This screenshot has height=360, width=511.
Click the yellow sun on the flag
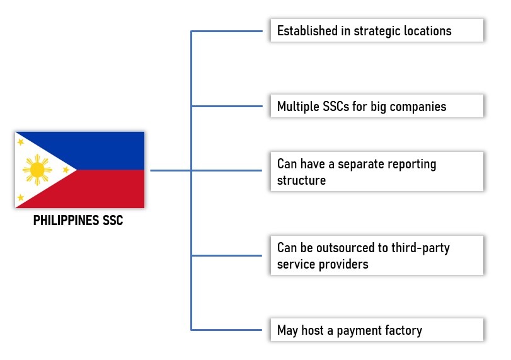pyautogui.click(x=37, y=170)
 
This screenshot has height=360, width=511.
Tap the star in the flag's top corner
pyautogui.click(x=21, y=142)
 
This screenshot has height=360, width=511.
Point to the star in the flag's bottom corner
pyautogui.click(x=21, y=197)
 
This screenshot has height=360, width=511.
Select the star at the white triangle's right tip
pyautogui.click(x=66, y=170)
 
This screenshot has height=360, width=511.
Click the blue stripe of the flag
pyautogui.click(x=107, y=150)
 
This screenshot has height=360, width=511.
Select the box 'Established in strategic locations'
pyautogui.click(x=377, y=30)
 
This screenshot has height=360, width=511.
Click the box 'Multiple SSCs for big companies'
pyautogui.click(x=377, y=106)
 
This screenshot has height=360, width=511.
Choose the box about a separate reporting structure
pyautogui.click(x=377, y=171)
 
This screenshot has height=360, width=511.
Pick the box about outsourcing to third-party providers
pyautogui.click(x=377, y=255)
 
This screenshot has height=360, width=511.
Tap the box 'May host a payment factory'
pyautogui.click(x=377, y=330)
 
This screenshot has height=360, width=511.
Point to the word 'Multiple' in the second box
pyautogui.click(x=299, y=106)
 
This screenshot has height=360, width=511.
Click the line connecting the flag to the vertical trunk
pyautogui.click(x=170, y=170)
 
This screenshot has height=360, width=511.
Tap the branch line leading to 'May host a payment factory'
pyautogui.click(x=227, y=330)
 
